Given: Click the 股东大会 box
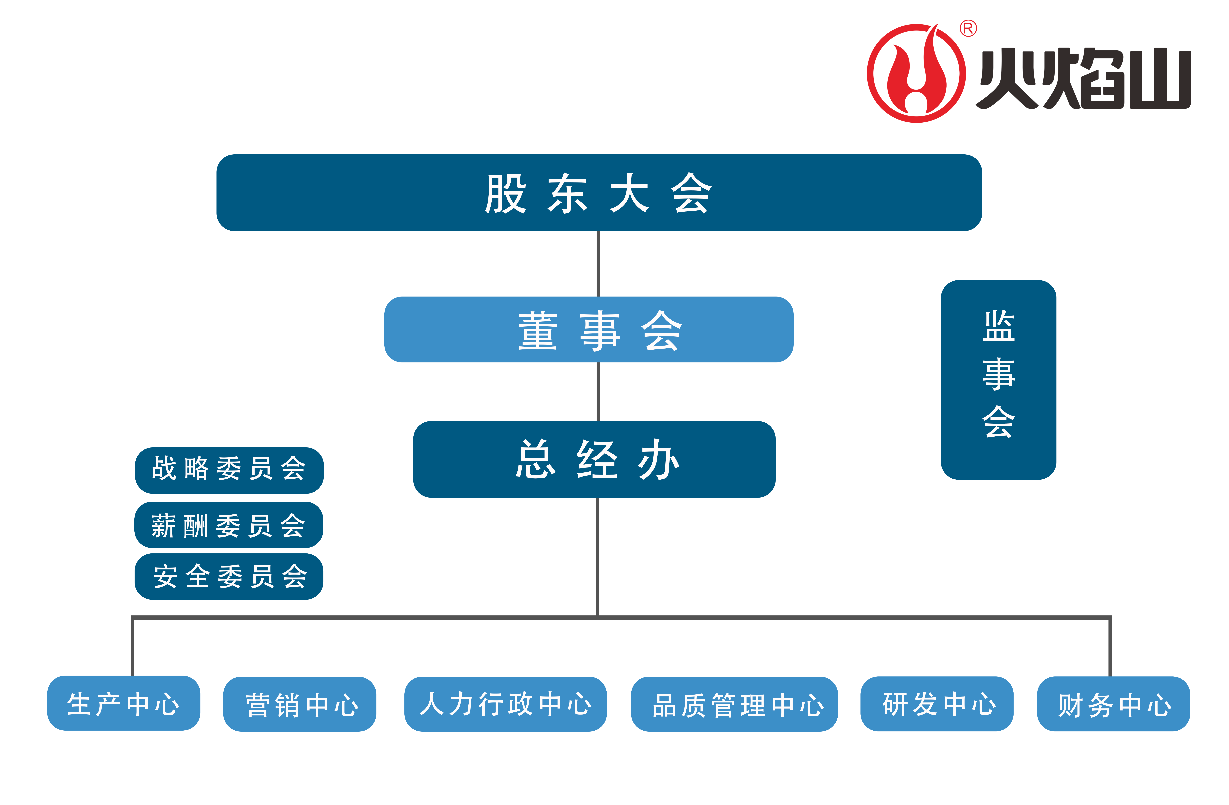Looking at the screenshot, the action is click(599, 193).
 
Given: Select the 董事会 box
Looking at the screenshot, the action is click(589, 329).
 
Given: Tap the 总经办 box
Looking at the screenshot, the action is click(594, 459).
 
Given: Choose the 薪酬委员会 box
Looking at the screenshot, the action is click(229, 525).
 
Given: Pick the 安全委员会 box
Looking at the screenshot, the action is click(229, 576).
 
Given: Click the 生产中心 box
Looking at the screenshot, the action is click(124, 703).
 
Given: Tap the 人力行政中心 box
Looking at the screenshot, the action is click(506, 704).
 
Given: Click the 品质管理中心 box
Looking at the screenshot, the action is click(734, 704).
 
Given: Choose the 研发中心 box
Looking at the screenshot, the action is click(937, 704).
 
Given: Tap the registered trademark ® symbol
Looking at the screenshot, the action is click(968, 28).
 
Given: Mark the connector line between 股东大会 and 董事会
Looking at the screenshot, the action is click(598, 263).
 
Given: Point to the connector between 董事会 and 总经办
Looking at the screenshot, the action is click(598, 391).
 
